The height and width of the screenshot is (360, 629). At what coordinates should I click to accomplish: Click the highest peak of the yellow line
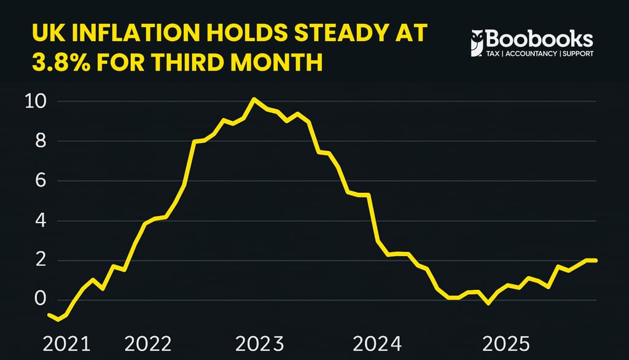tap(254, 99)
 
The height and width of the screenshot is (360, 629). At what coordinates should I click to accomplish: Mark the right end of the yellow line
tap(596, 260)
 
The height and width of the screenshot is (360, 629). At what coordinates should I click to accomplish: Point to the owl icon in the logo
tap(476, 43)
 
